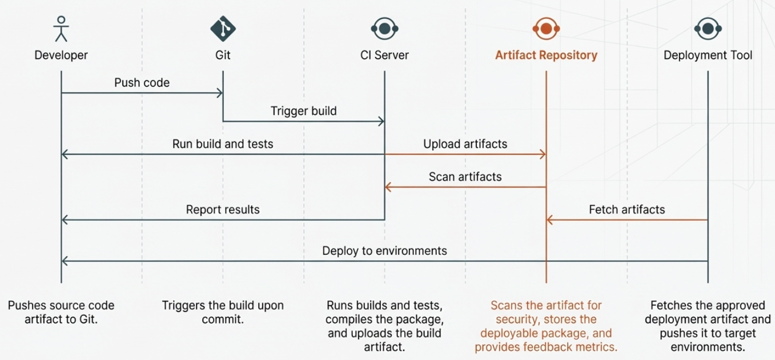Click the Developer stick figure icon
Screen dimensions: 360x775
61,29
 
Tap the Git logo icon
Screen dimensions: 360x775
223,27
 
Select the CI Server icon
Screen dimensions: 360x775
384,27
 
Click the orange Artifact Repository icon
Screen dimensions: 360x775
546,27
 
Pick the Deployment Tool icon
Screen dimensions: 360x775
708,27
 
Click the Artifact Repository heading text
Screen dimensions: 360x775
546,55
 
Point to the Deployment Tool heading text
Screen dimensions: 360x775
708,55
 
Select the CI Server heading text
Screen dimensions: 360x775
384,55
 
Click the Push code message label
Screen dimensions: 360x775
142,83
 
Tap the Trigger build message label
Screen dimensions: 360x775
303,111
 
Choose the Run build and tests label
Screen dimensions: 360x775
223,144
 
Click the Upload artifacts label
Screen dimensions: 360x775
465,144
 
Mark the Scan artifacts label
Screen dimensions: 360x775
465,177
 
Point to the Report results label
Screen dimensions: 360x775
223,210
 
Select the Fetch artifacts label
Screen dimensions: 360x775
627,210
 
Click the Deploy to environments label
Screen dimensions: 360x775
384,251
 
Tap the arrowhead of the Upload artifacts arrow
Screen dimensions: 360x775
543,154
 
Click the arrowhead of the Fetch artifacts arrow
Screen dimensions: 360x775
550,220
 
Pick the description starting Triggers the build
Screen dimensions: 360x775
223,313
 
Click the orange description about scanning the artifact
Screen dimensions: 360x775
546,326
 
